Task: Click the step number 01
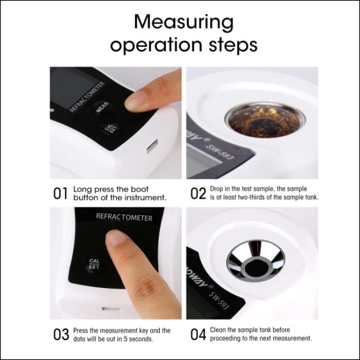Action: tap(61, 193)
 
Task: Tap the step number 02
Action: tap(198, 193)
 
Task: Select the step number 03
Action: tap(61, 334)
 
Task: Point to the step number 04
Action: tap(199, 334)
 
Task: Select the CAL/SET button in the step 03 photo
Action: tap(94, 264)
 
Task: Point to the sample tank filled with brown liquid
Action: tap(265, 119)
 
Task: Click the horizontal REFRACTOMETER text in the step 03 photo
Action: tap(124, 218)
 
